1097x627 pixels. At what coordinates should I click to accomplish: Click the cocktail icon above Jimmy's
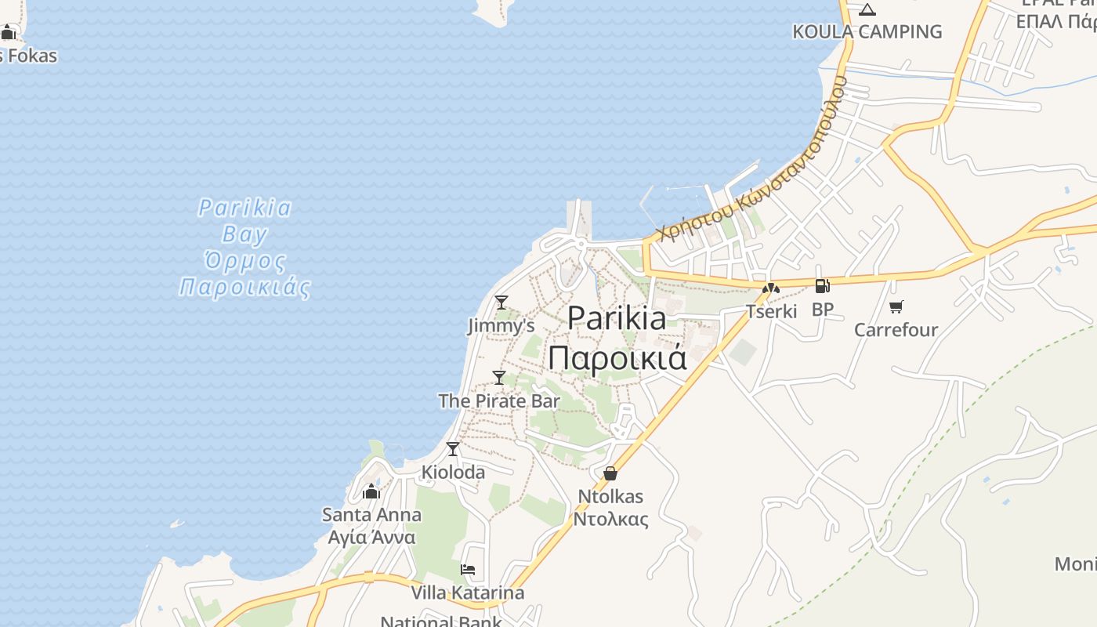point(501,302)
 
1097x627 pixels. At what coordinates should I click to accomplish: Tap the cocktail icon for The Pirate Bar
point(499,377)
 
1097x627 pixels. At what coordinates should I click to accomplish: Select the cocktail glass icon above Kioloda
point(453,448)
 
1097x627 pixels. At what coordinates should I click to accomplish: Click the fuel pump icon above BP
point(822,286)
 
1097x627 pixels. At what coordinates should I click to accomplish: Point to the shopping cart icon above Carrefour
point(896,306)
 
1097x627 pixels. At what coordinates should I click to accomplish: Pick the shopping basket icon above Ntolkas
point(610,473)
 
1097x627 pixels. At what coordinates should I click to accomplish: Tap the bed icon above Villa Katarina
point(468,570)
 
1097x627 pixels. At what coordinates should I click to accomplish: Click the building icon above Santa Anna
point(371,491)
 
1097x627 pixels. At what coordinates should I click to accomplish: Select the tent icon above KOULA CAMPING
point(867,9)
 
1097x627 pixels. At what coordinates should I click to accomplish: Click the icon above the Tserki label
point(771,288)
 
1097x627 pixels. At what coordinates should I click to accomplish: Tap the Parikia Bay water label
point(244,221)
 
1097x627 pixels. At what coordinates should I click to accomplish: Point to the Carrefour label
point(896,330)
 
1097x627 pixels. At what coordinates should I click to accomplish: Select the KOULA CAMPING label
point(867,32)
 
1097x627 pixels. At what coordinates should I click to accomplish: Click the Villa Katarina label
point(467,593)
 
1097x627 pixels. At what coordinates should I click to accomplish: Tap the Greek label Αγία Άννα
point(371,538)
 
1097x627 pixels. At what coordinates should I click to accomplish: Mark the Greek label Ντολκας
point(610,519)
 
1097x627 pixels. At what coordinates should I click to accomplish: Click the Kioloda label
point(453,473)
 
